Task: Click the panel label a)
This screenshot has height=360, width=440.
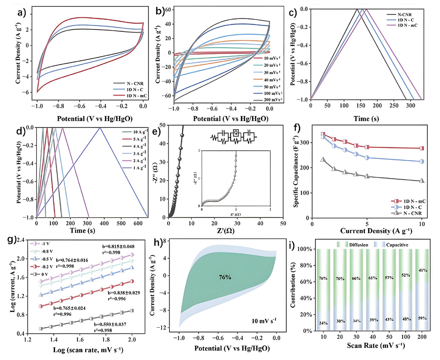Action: (x=22, y=13)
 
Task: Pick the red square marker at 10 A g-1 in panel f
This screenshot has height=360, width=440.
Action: (x=422, y=148)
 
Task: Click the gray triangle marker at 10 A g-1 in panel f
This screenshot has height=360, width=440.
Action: (x=422, y=181)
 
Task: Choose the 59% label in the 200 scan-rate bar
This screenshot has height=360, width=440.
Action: (x=422, y=319)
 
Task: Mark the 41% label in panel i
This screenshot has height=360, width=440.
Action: (x=422, y=270)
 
